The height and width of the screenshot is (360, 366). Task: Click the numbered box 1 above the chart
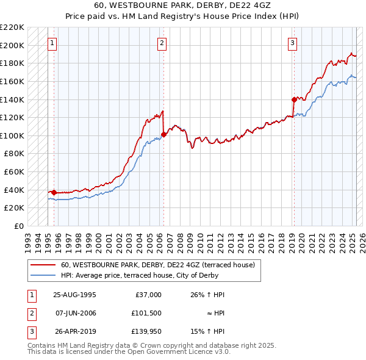pos(53,43)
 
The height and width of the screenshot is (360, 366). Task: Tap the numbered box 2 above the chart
pos(162,43)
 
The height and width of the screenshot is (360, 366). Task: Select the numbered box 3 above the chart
pos(293,43)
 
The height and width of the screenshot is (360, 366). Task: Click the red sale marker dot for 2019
pos(293,99)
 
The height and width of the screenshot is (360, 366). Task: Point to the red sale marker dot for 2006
pos(163,134)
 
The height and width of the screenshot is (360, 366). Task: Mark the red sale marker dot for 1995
pos(54,192)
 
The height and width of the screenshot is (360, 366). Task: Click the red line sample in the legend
pos(43,265)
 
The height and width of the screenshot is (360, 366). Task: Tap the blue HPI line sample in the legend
pos(43,275)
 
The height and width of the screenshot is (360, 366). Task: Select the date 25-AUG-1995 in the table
pos(74,295)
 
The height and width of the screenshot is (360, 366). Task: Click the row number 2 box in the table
pos(31,313)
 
